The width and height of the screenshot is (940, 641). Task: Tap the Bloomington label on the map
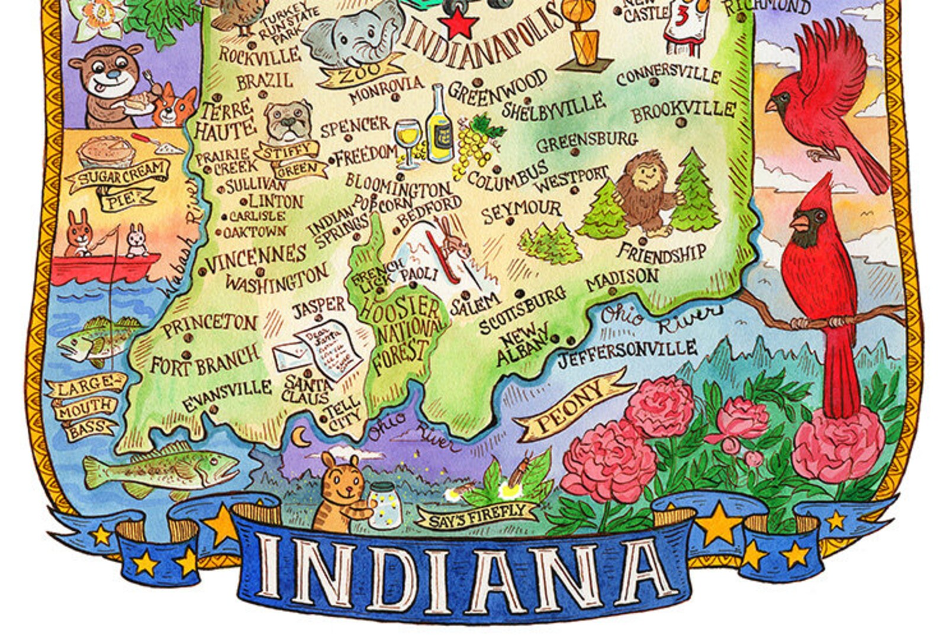[398, 185]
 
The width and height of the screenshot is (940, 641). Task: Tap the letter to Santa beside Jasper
[329, 349]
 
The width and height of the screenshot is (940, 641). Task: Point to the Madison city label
[623, 278]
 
